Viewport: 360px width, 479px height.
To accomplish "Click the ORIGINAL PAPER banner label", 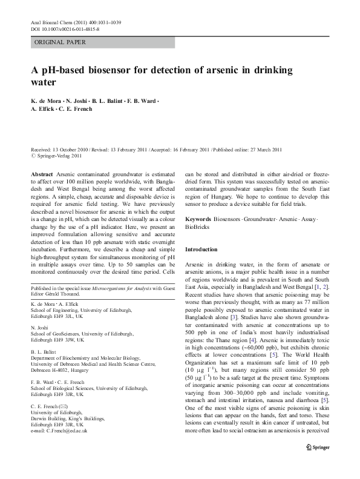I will pos(60,42).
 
